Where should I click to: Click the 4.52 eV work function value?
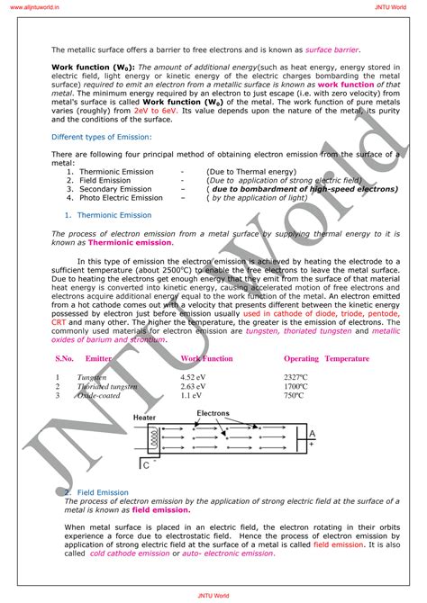coord(193,377)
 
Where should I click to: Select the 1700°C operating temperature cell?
coord(296,386)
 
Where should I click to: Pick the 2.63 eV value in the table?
coord(193,386)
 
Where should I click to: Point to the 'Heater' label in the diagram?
coord(145,418)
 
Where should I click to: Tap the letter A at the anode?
coord(311,435)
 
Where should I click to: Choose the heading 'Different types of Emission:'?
coord(101,137)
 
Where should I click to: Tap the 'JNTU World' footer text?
coord(213,595)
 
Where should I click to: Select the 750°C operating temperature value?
coord(295,395)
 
